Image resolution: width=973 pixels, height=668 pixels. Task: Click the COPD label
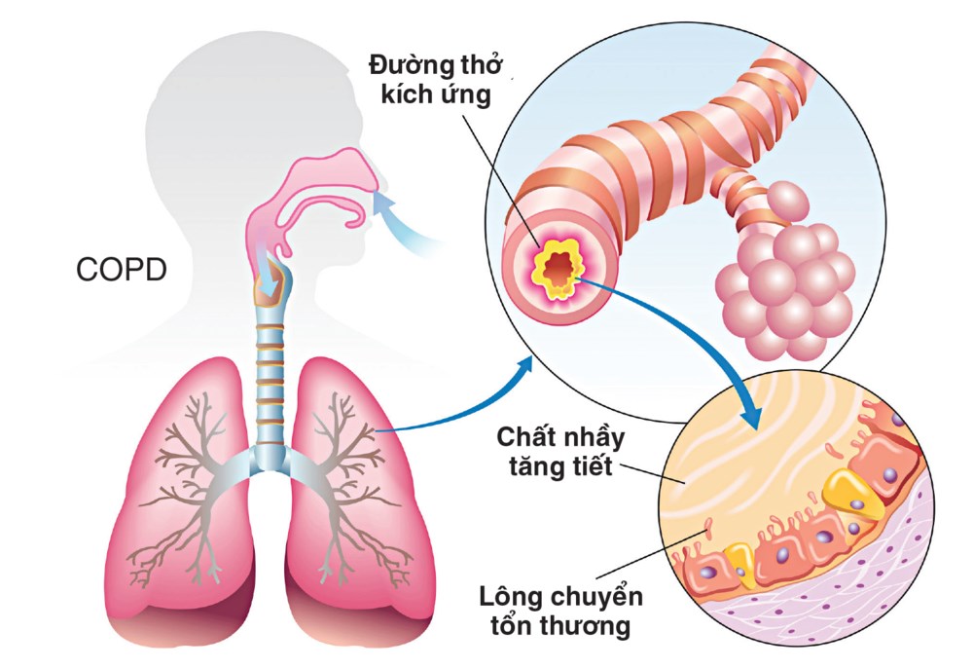tap(122, 270)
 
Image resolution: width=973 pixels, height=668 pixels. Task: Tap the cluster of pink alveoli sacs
tap(778, 282)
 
